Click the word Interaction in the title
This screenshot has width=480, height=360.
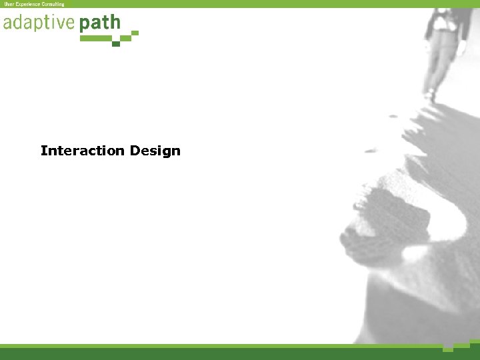tap(83, 151)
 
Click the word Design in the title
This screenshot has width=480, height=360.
tap(155, 151)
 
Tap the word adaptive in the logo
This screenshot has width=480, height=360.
tap(39, 24)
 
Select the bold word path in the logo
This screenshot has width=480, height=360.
tap(100, 24)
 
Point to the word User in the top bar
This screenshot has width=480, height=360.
tap(9, 4)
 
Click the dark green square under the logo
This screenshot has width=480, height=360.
tap(116, 44)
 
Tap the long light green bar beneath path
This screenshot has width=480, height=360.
tap(95, 39)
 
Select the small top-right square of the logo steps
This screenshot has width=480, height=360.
tap(135, 32)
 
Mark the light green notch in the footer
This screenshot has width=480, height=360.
tap(448, 349)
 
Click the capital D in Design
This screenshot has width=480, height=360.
tap(135, 151)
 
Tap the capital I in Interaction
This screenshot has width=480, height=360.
tap(43, 151)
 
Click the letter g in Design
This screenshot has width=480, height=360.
tap(165, 152)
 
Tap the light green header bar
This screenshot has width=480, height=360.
tap(267, 4)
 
